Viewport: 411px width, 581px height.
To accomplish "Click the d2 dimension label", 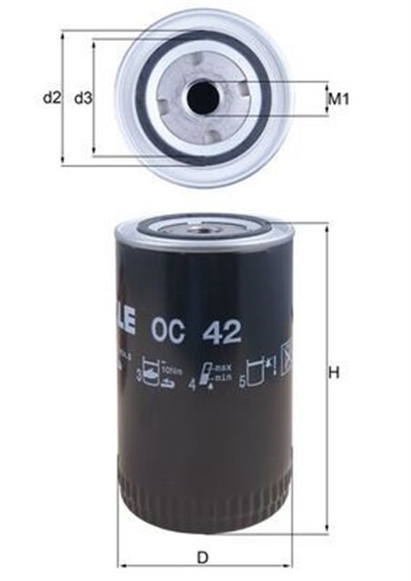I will (x=51, y=97).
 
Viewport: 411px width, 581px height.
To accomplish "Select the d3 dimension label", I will (x=83, y=97).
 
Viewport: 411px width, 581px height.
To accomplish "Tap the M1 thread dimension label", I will (x=338, y=98).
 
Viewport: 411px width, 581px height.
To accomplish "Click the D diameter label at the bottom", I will (x=203, y=557).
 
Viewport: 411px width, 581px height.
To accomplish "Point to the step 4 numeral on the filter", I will (x=191, y=382).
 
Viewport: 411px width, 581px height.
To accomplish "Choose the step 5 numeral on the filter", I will (x=242, y=382).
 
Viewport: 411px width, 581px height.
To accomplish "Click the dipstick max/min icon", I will (x=209, y=374).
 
